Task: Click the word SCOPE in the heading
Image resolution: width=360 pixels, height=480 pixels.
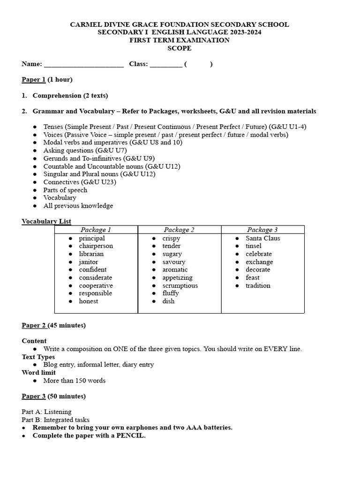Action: (180, 48)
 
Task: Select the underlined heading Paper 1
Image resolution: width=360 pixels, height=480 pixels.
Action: (34, 80)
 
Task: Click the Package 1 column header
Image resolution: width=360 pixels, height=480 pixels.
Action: (96, 230)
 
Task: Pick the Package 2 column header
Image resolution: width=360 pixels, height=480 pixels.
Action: (179, 230)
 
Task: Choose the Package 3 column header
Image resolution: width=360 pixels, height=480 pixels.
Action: (262, 230)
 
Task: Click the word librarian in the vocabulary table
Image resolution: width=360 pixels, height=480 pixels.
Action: (91, 254)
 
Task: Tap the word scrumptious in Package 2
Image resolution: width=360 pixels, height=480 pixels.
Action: (180, 285)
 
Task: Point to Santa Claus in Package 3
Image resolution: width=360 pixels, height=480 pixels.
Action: (263, 238)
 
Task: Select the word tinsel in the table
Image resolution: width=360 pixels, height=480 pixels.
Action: (254, 246)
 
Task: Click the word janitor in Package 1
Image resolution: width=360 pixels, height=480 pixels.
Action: (89, 262)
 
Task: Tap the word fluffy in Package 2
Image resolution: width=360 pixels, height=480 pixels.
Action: (171, 293)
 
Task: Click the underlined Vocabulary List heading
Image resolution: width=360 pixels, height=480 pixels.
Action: (46, 221)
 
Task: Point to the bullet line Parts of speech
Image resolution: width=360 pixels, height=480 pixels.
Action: (65, 190)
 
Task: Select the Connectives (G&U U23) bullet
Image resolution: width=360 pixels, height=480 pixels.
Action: (80, 182)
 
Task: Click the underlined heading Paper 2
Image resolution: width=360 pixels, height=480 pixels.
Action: (34, 325)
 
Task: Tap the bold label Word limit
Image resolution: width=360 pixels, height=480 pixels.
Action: (38, 373)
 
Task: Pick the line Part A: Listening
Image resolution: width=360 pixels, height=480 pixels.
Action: (46, 412)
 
